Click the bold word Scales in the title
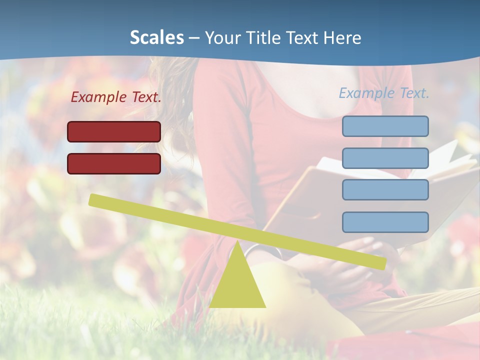coord(156,37)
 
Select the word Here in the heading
coord(342,37)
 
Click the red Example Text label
coord(116,97)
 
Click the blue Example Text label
coord(384,93)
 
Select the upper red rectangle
coord(114,131)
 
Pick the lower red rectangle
coord(114,163)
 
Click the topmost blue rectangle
coord(385,126)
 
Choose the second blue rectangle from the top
coord(385,158)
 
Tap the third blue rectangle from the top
coord(385,190)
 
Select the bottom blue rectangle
coord(385,222)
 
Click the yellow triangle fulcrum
coord(237,285)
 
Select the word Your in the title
coord(222,37)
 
